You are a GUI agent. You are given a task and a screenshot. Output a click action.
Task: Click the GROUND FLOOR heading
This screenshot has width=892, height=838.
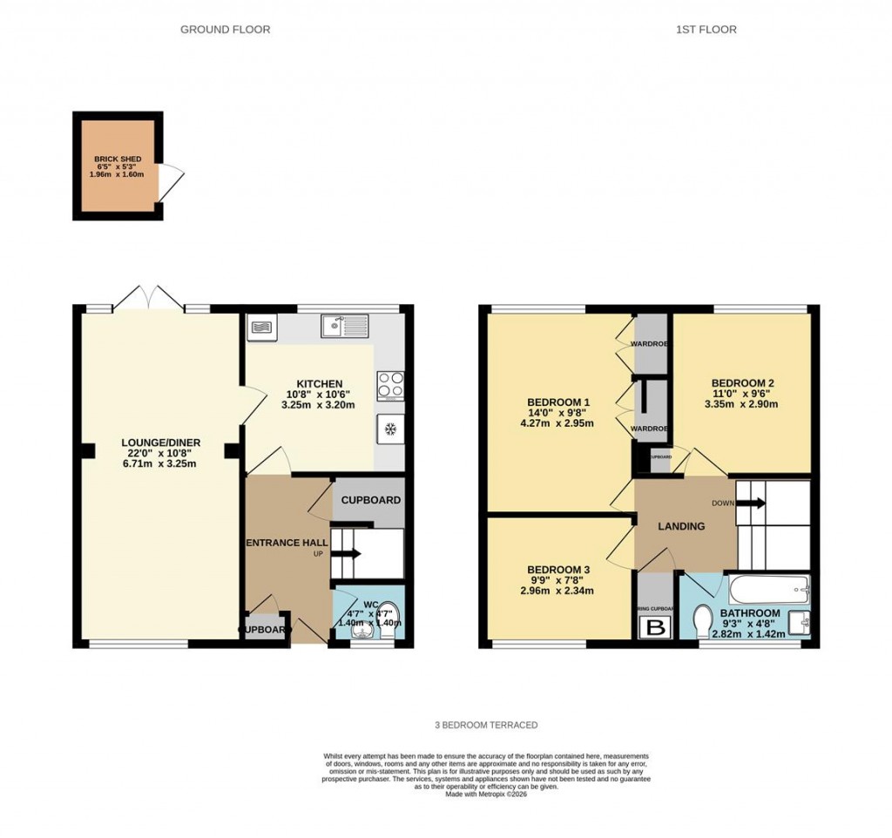pos(225,30)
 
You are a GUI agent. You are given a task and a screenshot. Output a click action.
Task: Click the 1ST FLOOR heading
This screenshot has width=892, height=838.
pos(706,30)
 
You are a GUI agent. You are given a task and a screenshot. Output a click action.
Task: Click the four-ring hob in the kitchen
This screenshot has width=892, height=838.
pos(389,384)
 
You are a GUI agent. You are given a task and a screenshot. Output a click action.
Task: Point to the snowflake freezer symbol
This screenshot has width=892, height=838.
pos(390,429)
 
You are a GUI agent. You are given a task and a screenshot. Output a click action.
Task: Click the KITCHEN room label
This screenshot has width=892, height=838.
pos(319,384)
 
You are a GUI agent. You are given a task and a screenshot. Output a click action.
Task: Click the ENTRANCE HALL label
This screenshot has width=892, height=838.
pos(287,543)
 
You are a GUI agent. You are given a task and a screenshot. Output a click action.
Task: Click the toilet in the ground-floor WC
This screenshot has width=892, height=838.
pos(387,612)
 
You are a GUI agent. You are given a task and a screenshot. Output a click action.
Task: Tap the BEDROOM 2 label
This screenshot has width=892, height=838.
pos(742,383)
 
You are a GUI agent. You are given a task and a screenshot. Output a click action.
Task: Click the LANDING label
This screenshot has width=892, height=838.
pos(682,526)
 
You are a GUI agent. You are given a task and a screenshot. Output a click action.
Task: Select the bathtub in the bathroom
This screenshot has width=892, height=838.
pos(769,589)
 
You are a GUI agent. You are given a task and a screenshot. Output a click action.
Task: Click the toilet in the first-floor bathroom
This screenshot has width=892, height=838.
pos(705,622)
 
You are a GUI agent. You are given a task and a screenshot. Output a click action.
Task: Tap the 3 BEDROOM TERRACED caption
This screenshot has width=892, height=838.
pos(486,725)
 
